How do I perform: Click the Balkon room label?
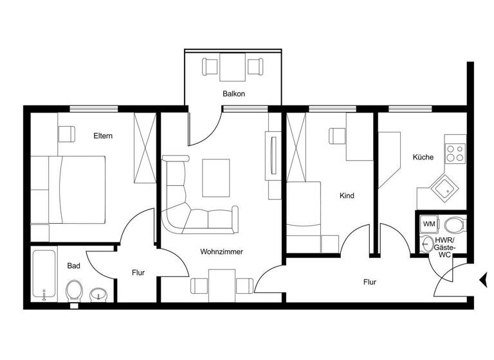pyautogui.click(x=234, y=94)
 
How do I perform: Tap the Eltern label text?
pyautogui.click(x=103, y=136)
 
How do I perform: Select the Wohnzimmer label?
pyautogui.click(x=221, y=252)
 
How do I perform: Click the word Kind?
pyautogui.click(x=347, y=195)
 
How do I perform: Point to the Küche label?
pyautogui.click(x=423, y=157)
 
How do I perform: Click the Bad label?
pyautogui.click(x=73, y=265)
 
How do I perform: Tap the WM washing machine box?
pyautogui.click(x=429, y=224)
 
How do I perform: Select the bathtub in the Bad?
pyautogui.click(x=44, y=274)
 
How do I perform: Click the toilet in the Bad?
pyautogui.click(x=74, y=291)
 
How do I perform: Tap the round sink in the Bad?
pyautogui.click(x=98, y=295)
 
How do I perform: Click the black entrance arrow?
pyautogui.click(x=482, y=279)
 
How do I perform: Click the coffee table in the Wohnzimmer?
pyautogui.click(x=215, y=177)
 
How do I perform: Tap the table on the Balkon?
pyautogui.click(x=233, y=67)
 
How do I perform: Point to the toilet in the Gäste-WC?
pyautogui.click(x=454, y=225)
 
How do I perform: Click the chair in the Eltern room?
pyautogui.click(x=66, y=133)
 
